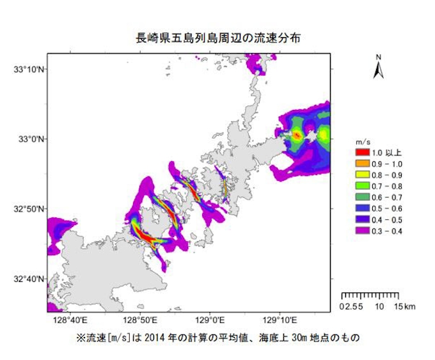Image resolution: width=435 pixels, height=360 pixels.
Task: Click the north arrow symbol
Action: pyautogui.click(x=379, y=67)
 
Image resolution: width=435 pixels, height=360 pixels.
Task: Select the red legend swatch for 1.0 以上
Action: pyautogui.click(x=362, y=153)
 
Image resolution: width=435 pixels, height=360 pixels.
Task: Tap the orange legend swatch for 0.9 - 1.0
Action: pyautogui.click(x=362, y=164)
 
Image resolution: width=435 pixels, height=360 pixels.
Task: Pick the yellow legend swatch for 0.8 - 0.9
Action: pyautogui.click(x=362, y=175)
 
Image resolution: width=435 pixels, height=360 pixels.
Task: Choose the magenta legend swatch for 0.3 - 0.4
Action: pyautogui.click(x=362, y=231)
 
